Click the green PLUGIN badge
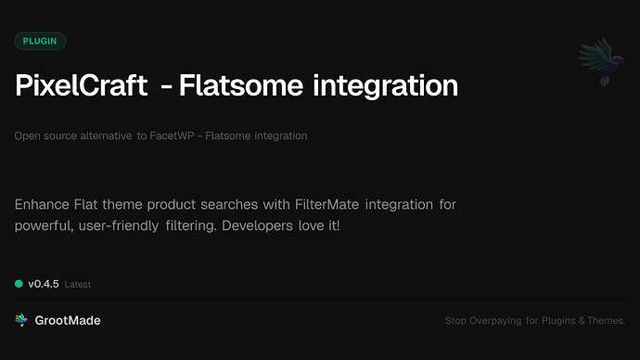(40, 41)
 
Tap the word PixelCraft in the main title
(81, 86)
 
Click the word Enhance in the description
(44, 203)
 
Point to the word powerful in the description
(43, 225)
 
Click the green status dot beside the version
(19, 284)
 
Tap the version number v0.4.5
(44, 284)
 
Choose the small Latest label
(78, 285)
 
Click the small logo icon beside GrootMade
(20, 320)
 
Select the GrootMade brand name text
(67, 320)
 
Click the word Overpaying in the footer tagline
(498, 321)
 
